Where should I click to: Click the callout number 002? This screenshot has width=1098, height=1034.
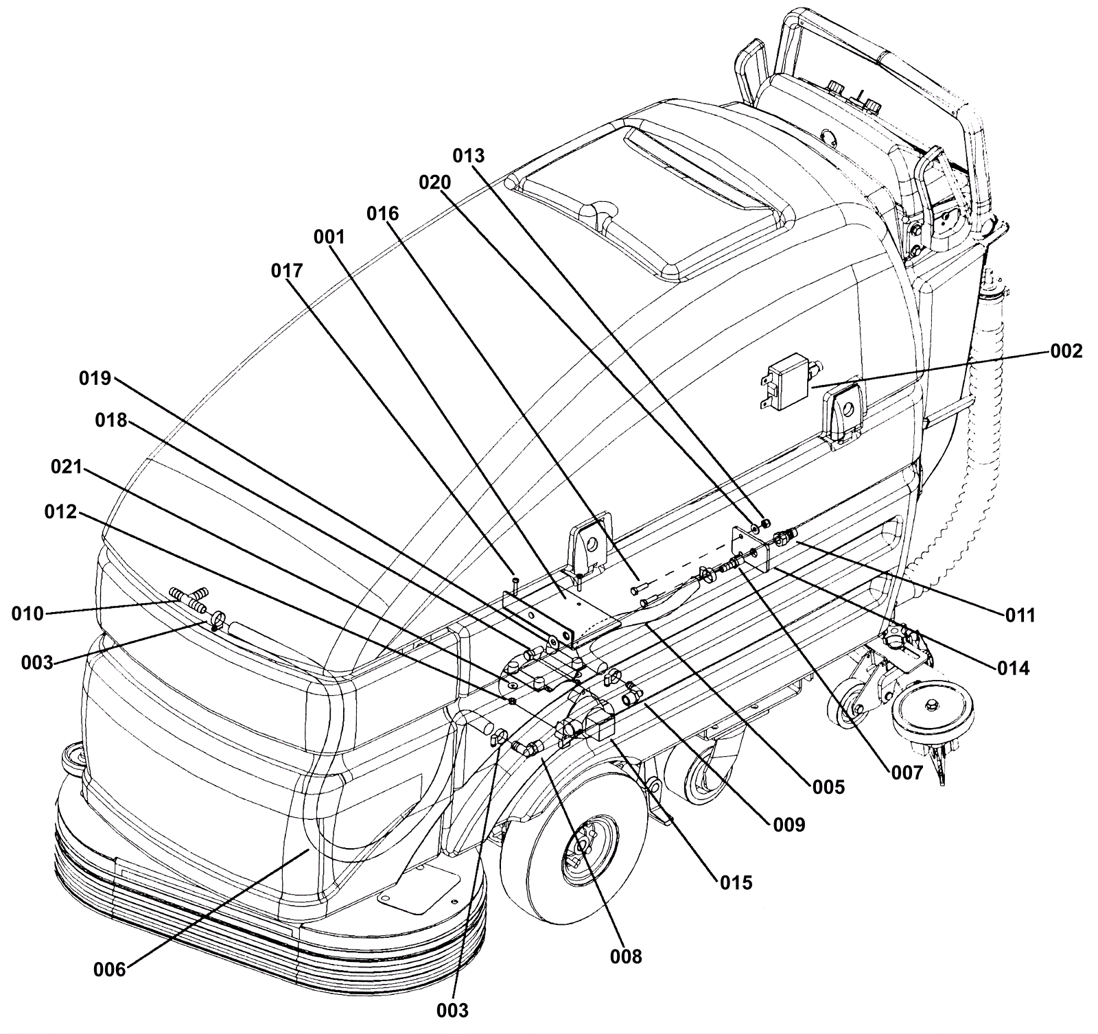coord(1066,351)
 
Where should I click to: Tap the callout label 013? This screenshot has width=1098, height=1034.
coord(469,156)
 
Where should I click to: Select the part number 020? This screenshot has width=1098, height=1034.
coord(435,183)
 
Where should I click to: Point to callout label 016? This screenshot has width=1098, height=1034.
coord(382,214)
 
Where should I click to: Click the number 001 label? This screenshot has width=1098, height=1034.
coord(329,237)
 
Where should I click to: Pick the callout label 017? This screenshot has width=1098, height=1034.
coord(287,271)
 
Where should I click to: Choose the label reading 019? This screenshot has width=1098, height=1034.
coord(95,378)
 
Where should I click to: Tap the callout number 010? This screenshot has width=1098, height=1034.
coord(27,613)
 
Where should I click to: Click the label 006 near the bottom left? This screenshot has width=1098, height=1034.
coord(110,970)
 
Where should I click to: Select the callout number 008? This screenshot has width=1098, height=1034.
coord(627,956)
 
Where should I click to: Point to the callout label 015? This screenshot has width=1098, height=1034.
coord(736,882)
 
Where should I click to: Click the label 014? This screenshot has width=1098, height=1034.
coord(1014,668)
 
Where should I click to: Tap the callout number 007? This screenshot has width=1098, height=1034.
coord(907,774)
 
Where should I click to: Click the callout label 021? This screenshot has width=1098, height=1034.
coord(67,467)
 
